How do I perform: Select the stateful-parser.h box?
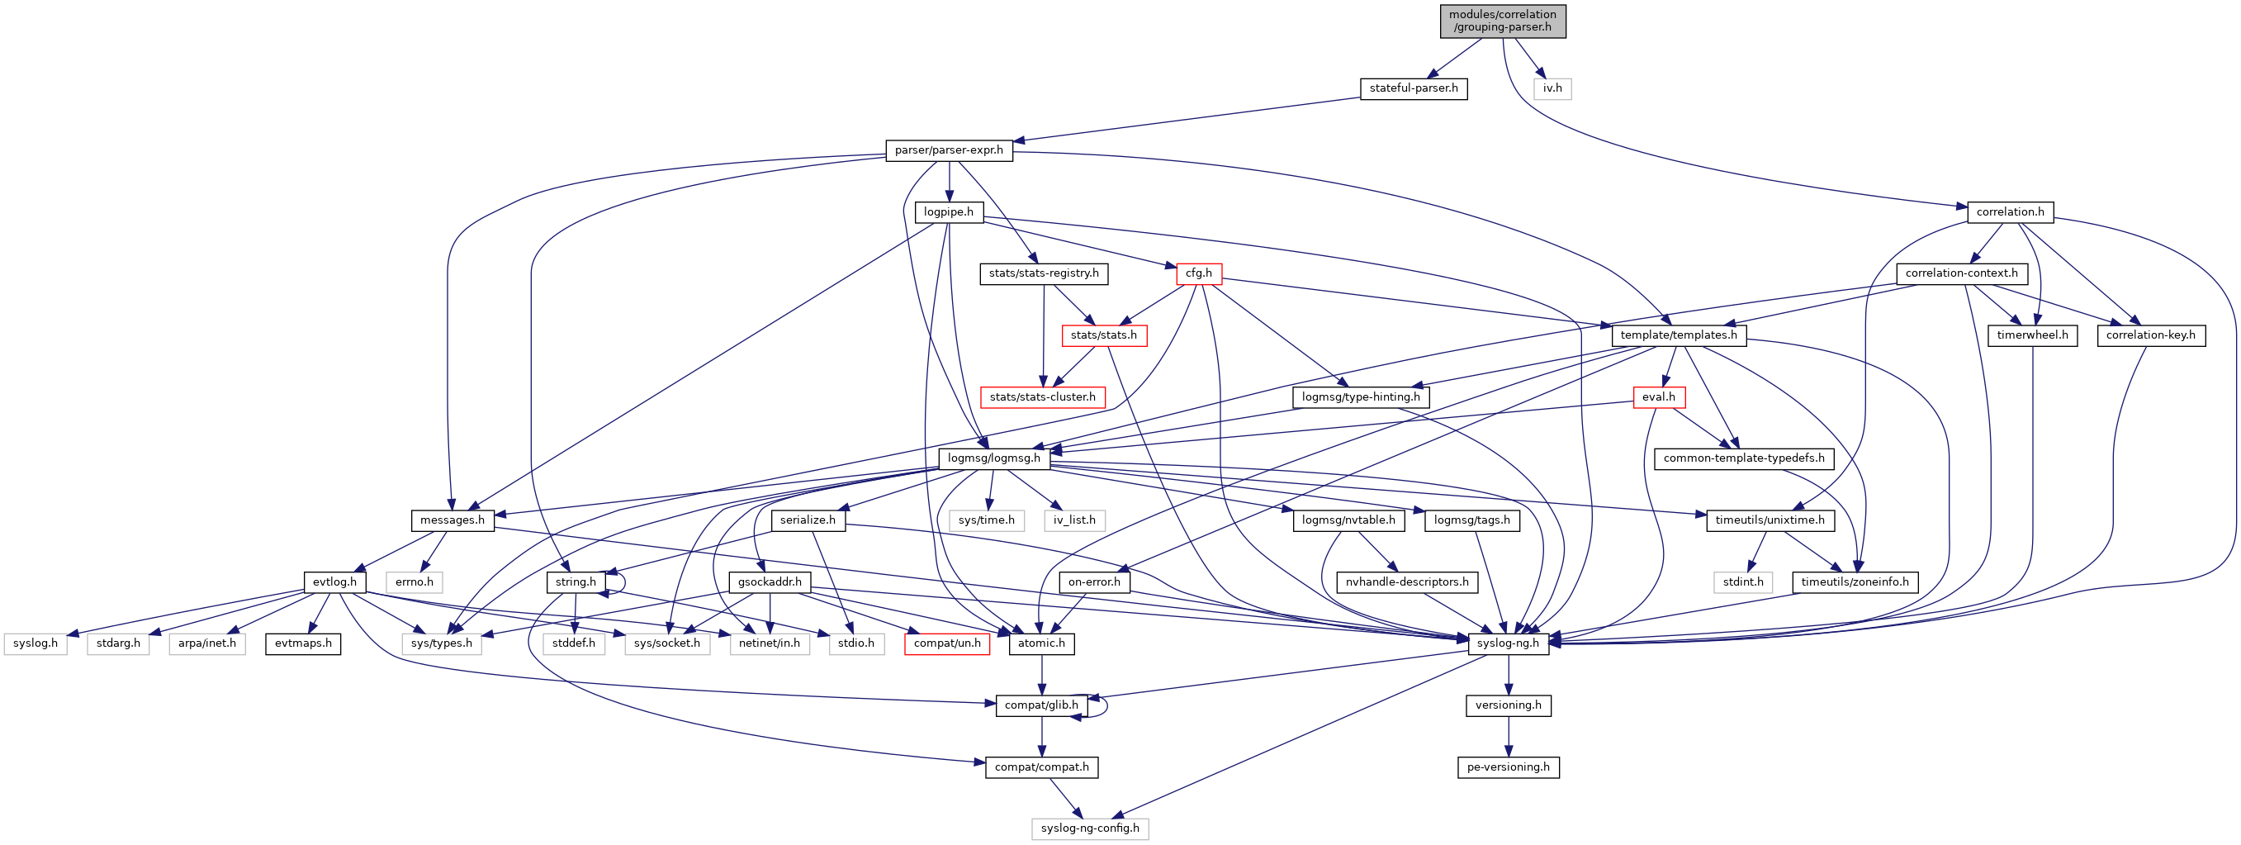pos(1413,88)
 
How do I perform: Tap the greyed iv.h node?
pos(1552,88)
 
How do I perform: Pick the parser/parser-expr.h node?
pos(948,150)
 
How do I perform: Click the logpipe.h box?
pos(948,212)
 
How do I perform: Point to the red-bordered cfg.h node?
pos(1198,273)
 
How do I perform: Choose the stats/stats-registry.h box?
pos(1043,273)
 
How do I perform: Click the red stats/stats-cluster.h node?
pos(1042,397)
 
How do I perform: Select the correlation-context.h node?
pos(1961,273)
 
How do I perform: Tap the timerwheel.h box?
pos(2032,335)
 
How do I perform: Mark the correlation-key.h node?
pos(2149,335)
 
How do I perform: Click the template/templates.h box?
pos(1678,335)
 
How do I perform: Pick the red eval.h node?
pos(1658,397)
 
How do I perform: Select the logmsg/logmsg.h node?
pos(993,458)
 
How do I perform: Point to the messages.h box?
pos(452,520)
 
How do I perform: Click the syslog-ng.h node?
pos(1508,644)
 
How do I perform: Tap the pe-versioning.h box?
pos(1508,767)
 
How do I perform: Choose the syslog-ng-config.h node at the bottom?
pos(1089,828)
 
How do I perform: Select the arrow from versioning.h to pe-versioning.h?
pos(1508,736)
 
